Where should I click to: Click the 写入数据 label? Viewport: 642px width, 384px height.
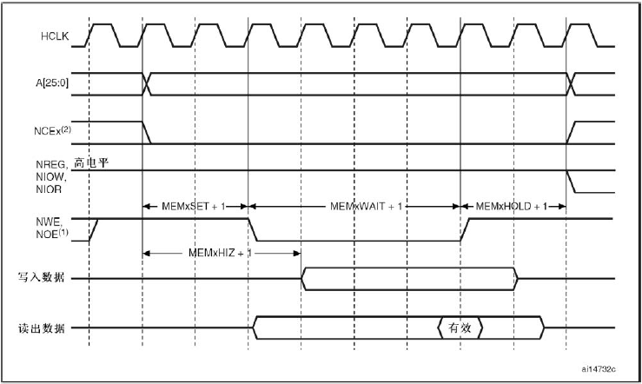[46, 279]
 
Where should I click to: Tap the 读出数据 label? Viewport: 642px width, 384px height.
[46, 328]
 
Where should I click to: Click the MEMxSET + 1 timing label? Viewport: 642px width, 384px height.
[195, 206]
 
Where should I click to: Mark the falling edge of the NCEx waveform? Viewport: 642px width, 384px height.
[147, 132]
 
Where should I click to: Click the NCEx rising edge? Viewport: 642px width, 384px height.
[573, 132]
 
